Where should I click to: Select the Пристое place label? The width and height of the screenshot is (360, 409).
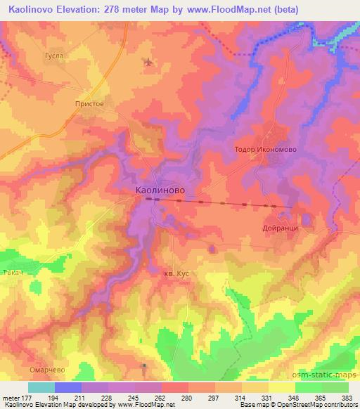click(89, 103)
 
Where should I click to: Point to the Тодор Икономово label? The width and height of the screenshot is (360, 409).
click(265, 150)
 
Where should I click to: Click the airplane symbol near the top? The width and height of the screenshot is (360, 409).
click(148, 62)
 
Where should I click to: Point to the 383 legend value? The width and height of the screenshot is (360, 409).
click(347, 398)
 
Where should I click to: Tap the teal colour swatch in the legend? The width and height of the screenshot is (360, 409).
click(41, 387)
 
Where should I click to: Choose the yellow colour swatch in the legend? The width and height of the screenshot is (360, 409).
click(282, 387)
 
